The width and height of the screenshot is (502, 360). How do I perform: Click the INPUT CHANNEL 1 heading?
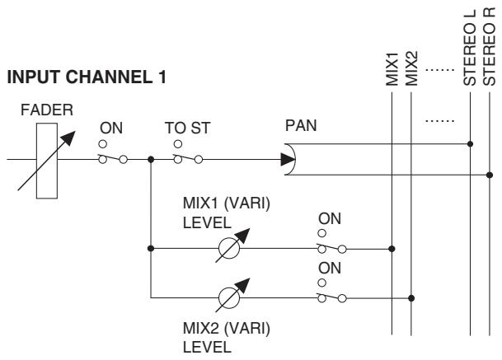click(87, 77)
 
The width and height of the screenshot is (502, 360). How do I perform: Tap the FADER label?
click(47, 110)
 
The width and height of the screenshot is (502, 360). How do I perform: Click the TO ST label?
click(188, 128)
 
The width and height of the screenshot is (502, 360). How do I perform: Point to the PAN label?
click(301, 125)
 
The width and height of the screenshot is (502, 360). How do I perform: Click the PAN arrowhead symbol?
click(288, 159)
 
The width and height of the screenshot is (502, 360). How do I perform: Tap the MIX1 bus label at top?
click(392, 69)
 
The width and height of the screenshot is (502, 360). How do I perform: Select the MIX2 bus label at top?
click(411, 68)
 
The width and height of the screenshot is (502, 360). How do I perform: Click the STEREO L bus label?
click(470, 48)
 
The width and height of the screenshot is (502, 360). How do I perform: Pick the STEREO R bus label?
click(489, 47)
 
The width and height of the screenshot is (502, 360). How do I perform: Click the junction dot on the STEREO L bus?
click(470, 144)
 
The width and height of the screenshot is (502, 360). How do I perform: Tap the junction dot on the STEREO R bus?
click(490, 175)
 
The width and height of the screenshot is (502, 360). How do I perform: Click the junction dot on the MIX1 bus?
click(392, 249)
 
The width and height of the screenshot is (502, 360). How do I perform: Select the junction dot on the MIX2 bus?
click(411, 298)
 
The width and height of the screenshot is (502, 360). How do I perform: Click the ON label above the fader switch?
click(111, 128)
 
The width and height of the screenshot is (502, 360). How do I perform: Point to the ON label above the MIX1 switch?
click(330, 219)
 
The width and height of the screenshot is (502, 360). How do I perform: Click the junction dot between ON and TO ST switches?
click(151, 159)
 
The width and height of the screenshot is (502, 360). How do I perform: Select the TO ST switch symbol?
click(188, 154)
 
